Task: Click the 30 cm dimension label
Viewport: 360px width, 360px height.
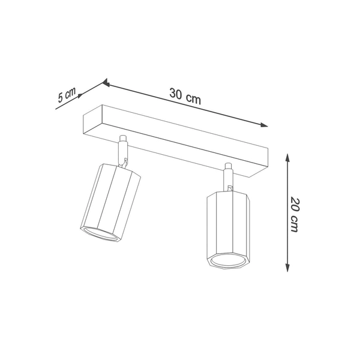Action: pyautogui.click(x=185, y=95)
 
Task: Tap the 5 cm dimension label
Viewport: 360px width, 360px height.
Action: pyautogui.click(x=67, y=96)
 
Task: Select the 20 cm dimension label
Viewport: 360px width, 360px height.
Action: pyautogui.click(x=294, y=214)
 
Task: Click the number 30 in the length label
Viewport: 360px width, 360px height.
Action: pyautogui.click(x=176, y=94)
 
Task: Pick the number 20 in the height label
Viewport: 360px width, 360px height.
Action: pyautogui.click(x=295, y=203)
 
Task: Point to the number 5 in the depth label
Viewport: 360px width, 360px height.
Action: pyautogui.click(x=61, y=99)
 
